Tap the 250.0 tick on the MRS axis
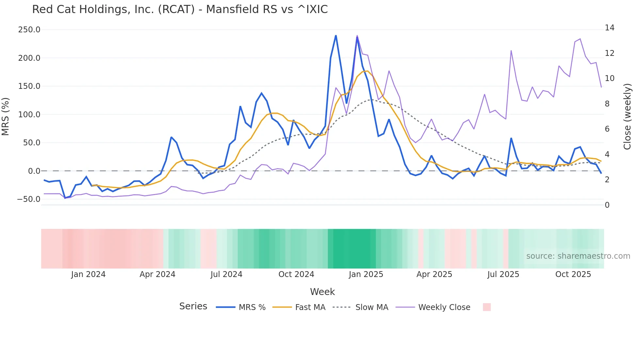(x=29, y=30)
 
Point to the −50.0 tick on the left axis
(x=29, y=199)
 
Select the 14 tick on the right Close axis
(x=609, y=28)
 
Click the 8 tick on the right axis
(x=607, y=104)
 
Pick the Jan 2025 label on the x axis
(x=366, y=274)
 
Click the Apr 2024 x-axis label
(x=157, y=274)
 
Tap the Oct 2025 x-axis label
(x=573, y=274)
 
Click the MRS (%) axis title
(x=6, y=116)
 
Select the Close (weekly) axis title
(x=627, y=116)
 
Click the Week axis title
(x=322, y=292)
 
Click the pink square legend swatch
(x=487, y=307)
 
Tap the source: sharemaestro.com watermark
(x=578, y=256)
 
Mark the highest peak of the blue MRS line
(x=336, y=35)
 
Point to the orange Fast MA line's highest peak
(x=368, y=71)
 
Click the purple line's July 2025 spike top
(x=511, y=51)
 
